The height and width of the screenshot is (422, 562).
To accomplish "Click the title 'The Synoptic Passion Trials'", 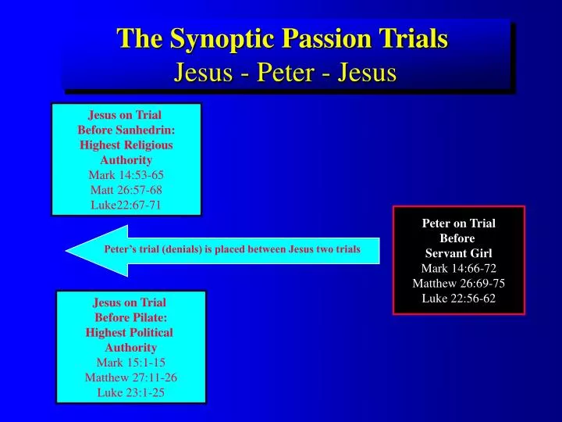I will point(282,38).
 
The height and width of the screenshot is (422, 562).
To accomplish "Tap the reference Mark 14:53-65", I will point(126,175).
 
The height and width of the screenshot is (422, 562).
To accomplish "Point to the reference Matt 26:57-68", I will point(126,190).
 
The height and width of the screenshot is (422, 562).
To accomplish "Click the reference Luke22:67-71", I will point(126,205).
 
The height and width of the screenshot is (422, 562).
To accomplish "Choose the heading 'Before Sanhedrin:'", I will point(126,130).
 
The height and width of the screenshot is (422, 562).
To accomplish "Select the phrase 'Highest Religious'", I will point(126,145).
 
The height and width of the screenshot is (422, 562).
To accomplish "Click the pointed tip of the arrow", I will point(69,251).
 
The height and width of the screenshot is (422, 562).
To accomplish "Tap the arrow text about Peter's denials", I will point(232,250).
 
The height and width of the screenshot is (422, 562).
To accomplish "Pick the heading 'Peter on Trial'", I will point(458,224).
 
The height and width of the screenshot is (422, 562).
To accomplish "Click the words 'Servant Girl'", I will point(458,253).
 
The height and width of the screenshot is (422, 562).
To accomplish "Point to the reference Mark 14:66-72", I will point(458,268).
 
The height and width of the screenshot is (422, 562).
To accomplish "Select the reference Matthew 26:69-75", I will point(458,283).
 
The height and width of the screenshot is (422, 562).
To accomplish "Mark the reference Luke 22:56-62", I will point(458,299).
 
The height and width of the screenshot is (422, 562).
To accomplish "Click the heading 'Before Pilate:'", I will point(130,317).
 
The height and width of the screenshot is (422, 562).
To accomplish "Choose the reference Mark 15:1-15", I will point(130,363).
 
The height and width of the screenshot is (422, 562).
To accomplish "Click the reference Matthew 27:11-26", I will point(130,377).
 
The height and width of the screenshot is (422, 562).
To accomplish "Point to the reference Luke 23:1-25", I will point(130,392).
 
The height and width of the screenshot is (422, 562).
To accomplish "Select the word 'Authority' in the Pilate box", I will point(130,347).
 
